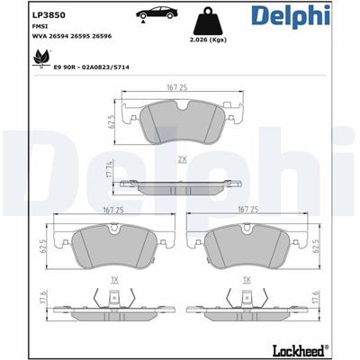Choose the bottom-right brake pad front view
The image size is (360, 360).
coord(248,246)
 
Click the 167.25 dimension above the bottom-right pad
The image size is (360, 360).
coord(248,209)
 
